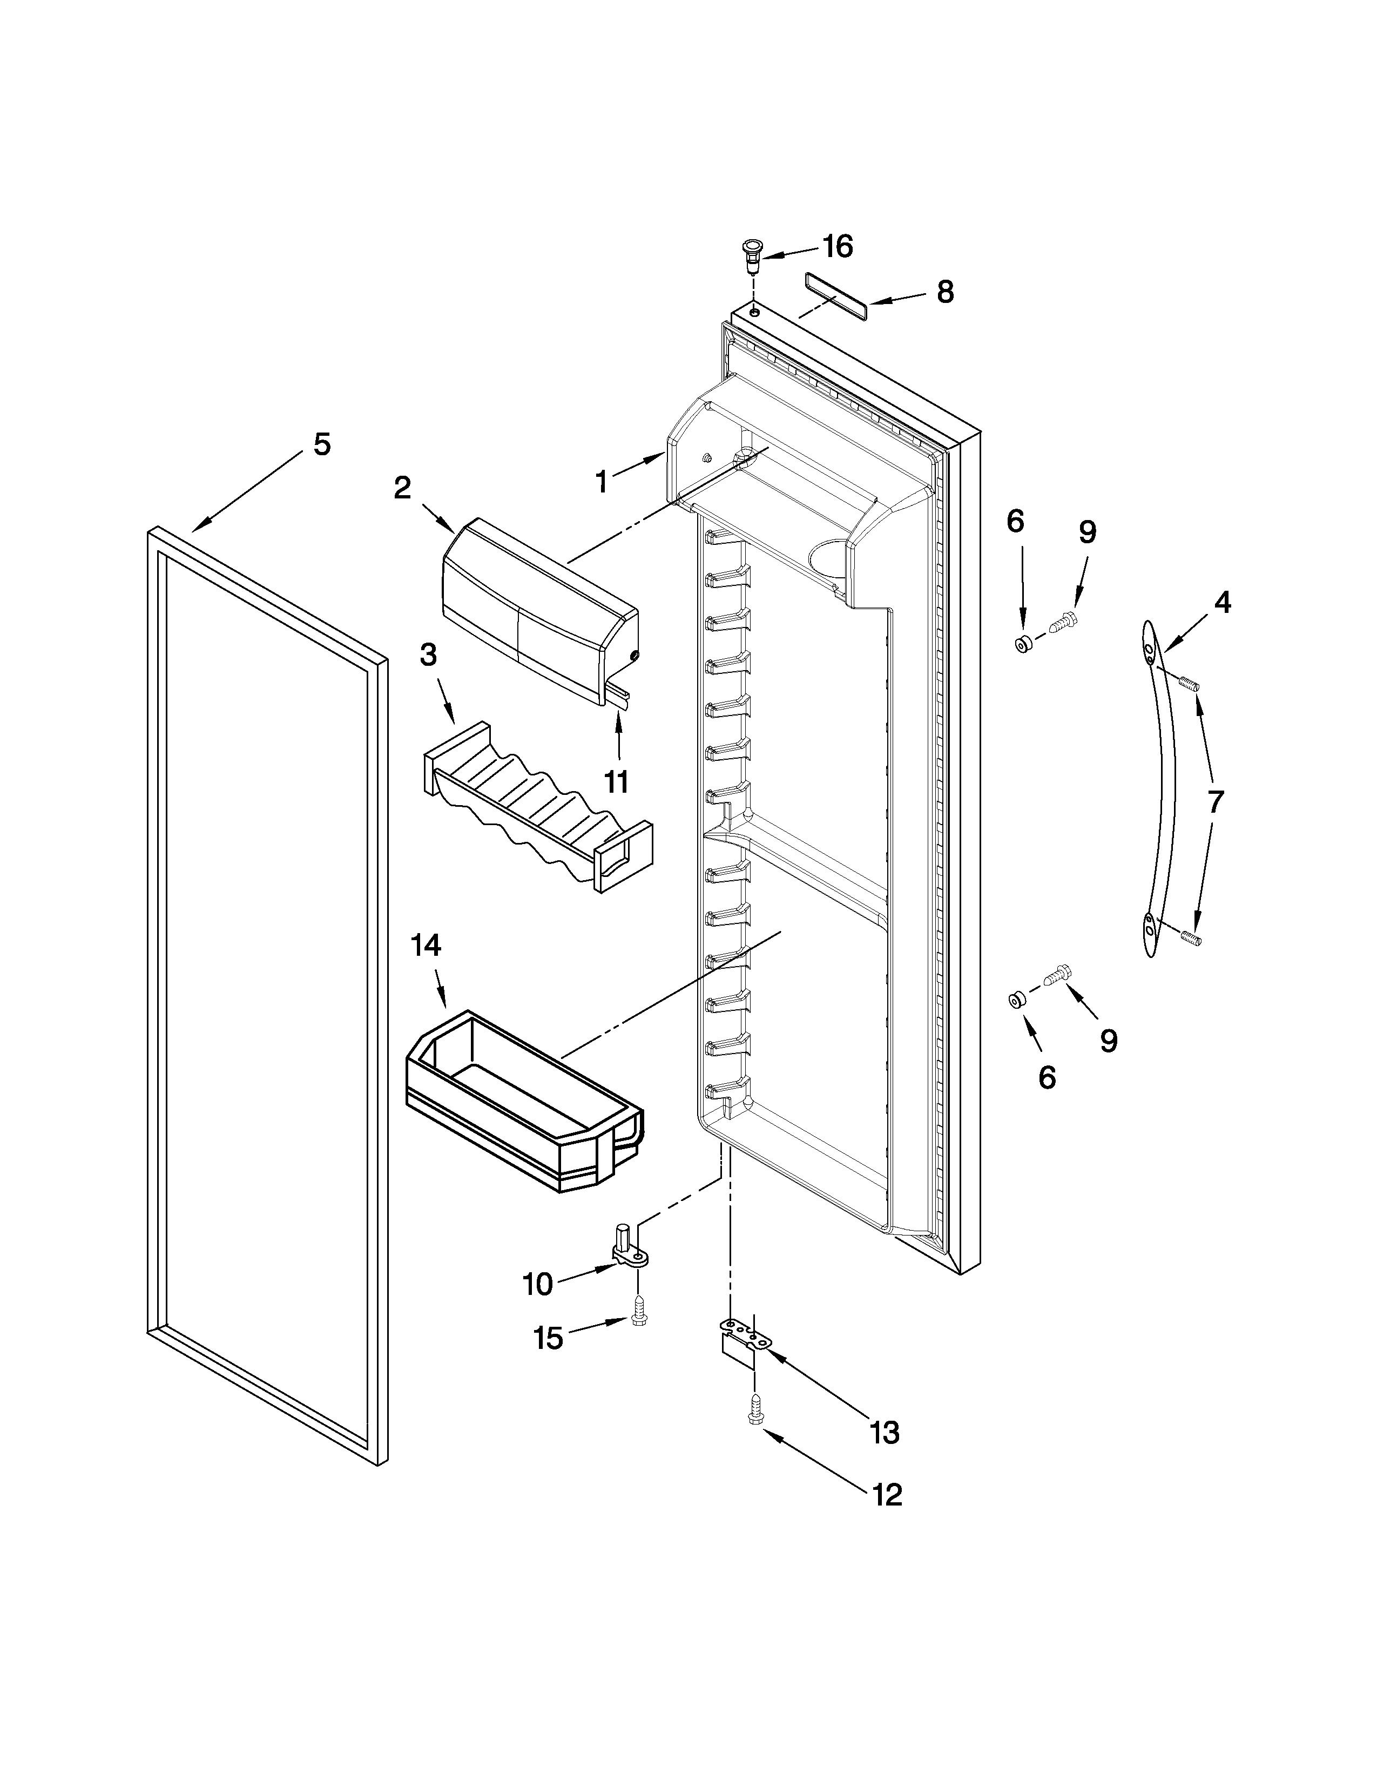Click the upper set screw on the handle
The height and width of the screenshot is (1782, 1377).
[x=1190, y=679]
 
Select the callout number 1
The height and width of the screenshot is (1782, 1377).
[x=601, y=483]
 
